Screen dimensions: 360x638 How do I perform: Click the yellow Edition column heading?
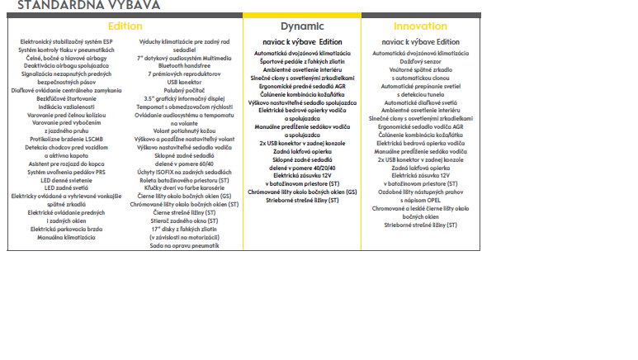pyautogui.click(x=125, y=26)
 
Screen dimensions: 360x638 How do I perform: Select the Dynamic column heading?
pyautogui.click(x=301, y=26)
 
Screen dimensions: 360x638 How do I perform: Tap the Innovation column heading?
pyautogui.click(x=420, y=26)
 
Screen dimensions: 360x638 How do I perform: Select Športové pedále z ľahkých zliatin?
pyautogui.click(x=301, y=61)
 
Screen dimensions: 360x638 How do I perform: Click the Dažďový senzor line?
pyautogui.click(x=420, y=61)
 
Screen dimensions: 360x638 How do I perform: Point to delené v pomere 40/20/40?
pyautogui.click(x=301, y=168)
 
